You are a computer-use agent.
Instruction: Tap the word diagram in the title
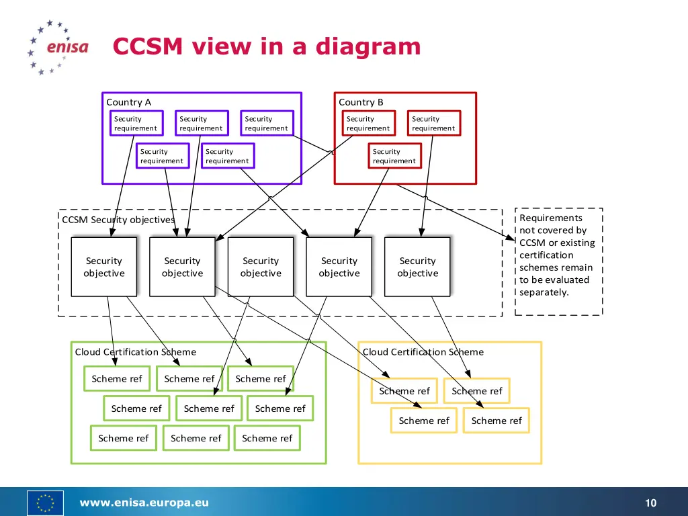coord(368,47)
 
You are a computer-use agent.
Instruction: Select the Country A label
coord(128,102)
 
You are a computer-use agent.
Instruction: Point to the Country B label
coord(361,102)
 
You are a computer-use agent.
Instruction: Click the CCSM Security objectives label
coord(118,220)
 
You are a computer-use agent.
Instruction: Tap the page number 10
coord(650,503)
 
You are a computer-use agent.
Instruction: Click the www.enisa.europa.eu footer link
coord(144,503)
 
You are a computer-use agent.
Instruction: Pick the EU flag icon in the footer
coord(45,503)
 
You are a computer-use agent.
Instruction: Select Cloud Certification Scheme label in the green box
coord(135,352)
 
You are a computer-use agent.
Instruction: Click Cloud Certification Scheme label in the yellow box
coord(423,352)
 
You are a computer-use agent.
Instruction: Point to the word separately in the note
coord(544,292)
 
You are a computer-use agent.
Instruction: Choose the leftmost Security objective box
coord(104,267)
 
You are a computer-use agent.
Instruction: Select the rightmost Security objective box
coord(417,267)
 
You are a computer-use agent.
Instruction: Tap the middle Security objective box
coord(261,267)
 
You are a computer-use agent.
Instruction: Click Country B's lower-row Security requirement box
coord(394,156)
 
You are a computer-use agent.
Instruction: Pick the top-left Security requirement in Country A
coord(136,124)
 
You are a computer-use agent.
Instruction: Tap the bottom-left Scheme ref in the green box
coord(123,438)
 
